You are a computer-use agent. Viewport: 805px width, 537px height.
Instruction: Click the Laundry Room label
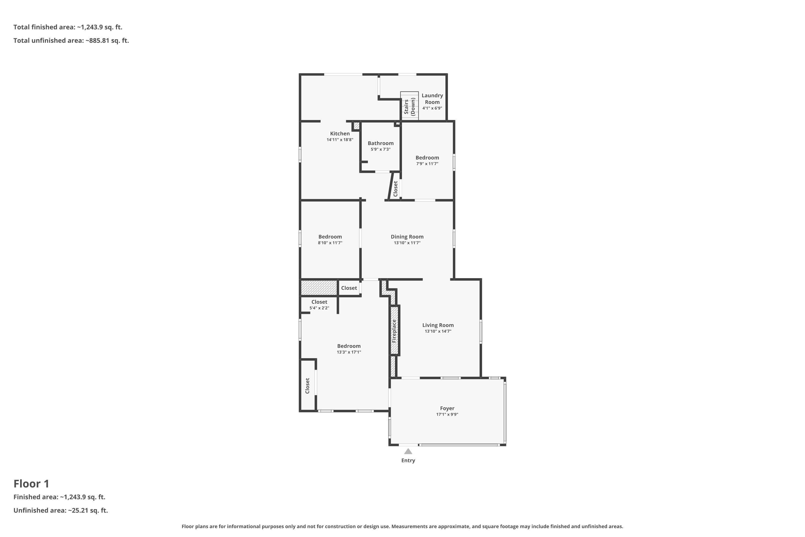click(x=432, y=99)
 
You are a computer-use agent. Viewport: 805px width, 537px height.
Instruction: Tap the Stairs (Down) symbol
click(x=409, y=106)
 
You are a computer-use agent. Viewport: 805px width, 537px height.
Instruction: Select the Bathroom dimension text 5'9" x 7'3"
click(x=380, y=149)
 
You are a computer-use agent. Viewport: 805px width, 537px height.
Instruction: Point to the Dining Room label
click(x=407, y=237)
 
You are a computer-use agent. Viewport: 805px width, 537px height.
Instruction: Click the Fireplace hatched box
click(x=394, y=331)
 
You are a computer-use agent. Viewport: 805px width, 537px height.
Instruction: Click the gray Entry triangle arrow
click(x=408, y=451)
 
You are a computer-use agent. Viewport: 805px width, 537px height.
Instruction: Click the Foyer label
click(x=447, y=408)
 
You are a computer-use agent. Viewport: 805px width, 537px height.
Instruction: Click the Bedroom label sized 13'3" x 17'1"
click(x=349, y=346)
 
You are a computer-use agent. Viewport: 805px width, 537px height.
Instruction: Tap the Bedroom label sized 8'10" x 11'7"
click(x=330, y=237)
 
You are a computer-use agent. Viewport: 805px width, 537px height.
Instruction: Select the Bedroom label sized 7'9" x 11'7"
click(x=427, y=158)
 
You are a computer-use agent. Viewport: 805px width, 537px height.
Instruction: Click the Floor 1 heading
click(x=31, y=484)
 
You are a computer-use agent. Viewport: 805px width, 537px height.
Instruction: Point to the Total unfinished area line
click(x=71, y=41)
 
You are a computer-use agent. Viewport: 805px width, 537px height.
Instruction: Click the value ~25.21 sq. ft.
click(x=88, y=510)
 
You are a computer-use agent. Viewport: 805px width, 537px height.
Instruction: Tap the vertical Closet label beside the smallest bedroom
click(x=395, y=189)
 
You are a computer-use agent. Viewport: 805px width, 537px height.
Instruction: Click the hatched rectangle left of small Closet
click(x=319, y=288)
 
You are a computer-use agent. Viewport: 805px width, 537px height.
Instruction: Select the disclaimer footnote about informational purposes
click(x=402, y=526)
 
